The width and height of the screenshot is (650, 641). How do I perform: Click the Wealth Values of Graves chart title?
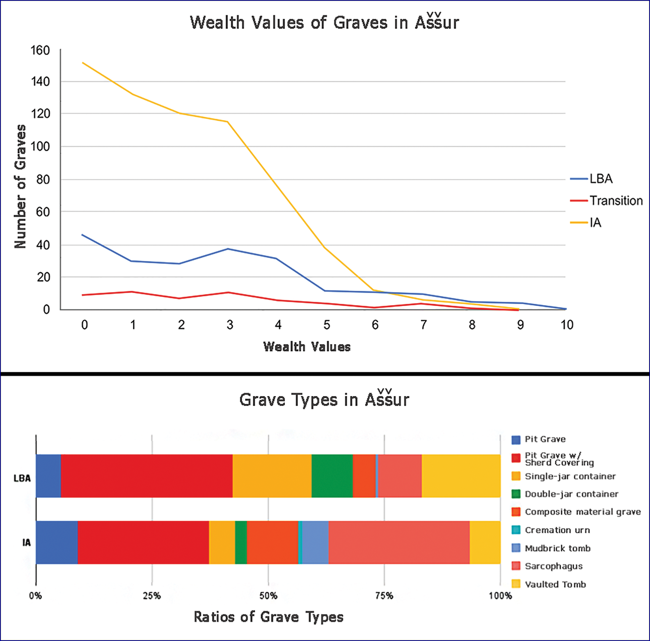pos(324,22)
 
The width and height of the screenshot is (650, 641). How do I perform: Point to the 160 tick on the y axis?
pos(40,50)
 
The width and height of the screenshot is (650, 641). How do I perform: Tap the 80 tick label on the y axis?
pos(43,179)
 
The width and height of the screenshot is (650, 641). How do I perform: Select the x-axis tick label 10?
pos(567,325)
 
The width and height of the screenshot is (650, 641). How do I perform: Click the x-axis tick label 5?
pos(327,325)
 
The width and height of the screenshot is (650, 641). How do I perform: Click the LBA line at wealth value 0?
pos(82,235)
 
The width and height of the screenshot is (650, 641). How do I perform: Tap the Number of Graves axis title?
pos(20,186)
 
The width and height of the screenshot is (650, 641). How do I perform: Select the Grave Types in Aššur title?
pos(324,400)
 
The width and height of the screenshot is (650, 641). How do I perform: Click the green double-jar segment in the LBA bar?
pos(332,476)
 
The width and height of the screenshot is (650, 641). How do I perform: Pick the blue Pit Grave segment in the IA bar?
pos(57,542)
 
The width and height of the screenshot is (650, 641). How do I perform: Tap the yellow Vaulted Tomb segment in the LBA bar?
pos(461,476)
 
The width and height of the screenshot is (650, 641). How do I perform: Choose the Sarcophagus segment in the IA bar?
pos(399,542)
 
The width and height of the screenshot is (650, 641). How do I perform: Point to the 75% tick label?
pos(384,596)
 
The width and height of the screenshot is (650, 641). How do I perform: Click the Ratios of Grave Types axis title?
pos(268,617)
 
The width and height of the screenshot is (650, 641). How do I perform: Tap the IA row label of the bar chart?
pos(27,543)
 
